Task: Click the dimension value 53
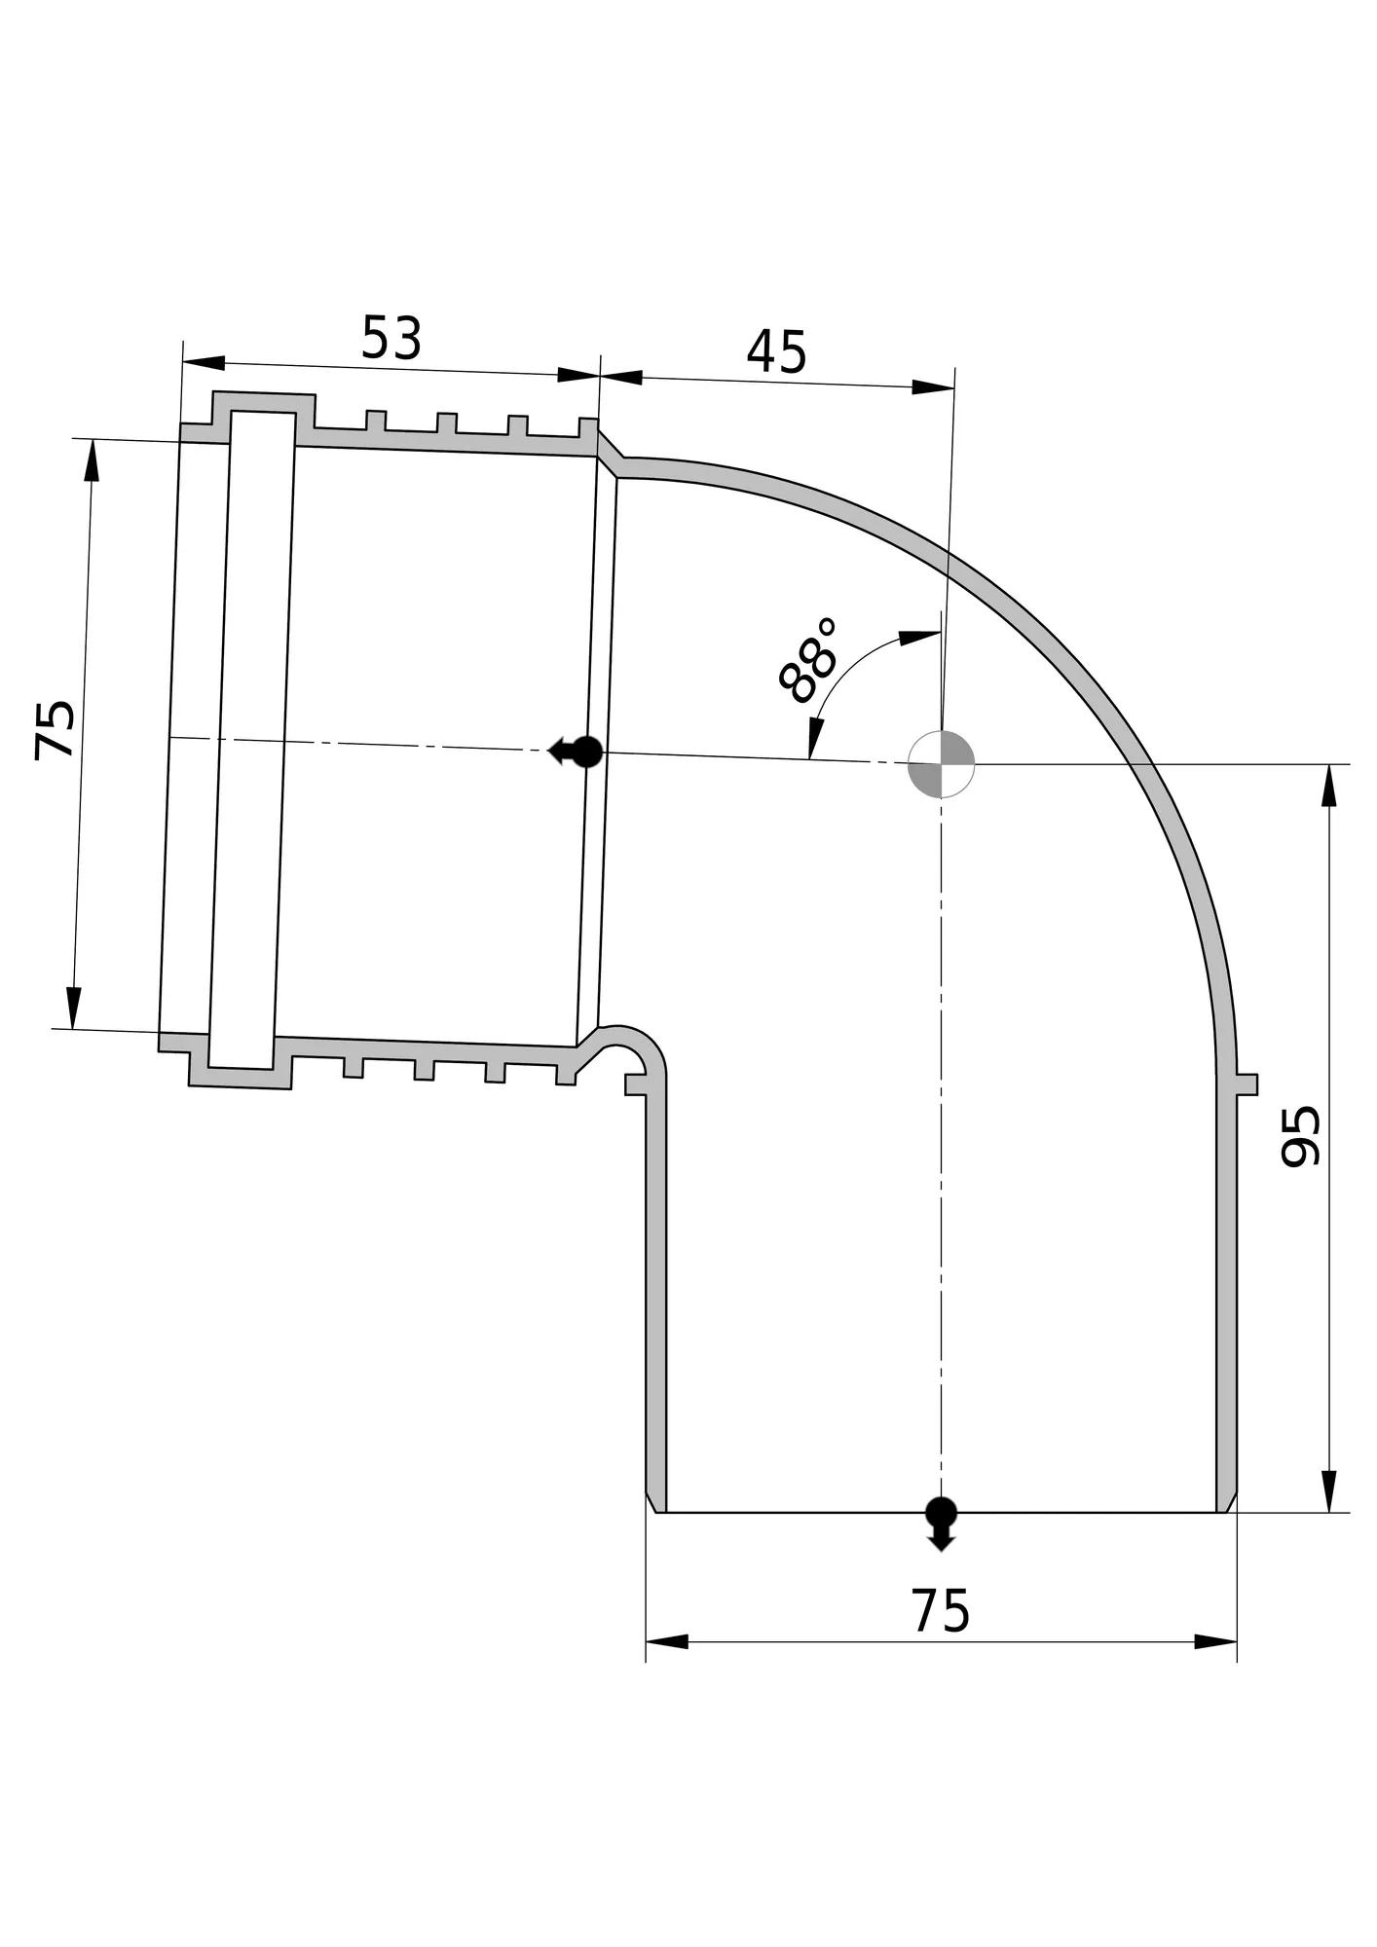point(391,338)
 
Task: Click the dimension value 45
point(777,351)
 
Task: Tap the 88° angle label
point(807,660)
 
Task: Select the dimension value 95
point(1300,1135)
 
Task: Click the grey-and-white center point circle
point(941,764)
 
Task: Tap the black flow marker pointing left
point(577,752)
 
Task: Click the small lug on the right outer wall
point(1247,1084)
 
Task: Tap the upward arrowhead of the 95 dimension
point(1328,786)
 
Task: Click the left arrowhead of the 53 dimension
point(204,363)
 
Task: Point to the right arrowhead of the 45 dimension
point(933,387)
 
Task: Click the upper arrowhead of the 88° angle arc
point(919,638)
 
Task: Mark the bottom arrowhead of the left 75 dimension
point(74,1008)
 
